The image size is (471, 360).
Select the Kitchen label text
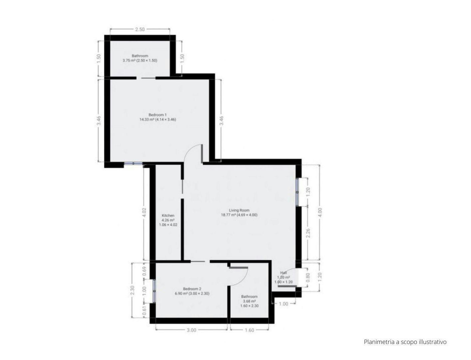point(168,216)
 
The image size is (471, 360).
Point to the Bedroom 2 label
point(192,289)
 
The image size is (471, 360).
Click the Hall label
point(283,273)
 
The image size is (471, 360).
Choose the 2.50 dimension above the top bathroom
point(140,29)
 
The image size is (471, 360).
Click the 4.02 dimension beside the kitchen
point(143,213)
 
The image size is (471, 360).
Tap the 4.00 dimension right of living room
point(320,212)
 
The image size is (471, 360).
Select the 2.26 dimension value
point(308,233)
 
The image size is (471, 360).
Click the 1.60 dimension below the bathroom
point(249,330)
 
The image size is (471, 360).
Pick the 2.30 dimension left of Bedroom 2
point(132,290)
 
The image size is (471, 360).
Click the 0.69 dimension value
point(144,271)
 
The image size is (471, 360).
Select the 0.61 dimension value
point(144,311)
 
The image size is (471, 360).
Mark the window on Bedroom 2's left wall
point(154,290)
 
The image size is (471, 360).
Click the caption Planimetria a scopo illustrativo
point(405,342)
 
